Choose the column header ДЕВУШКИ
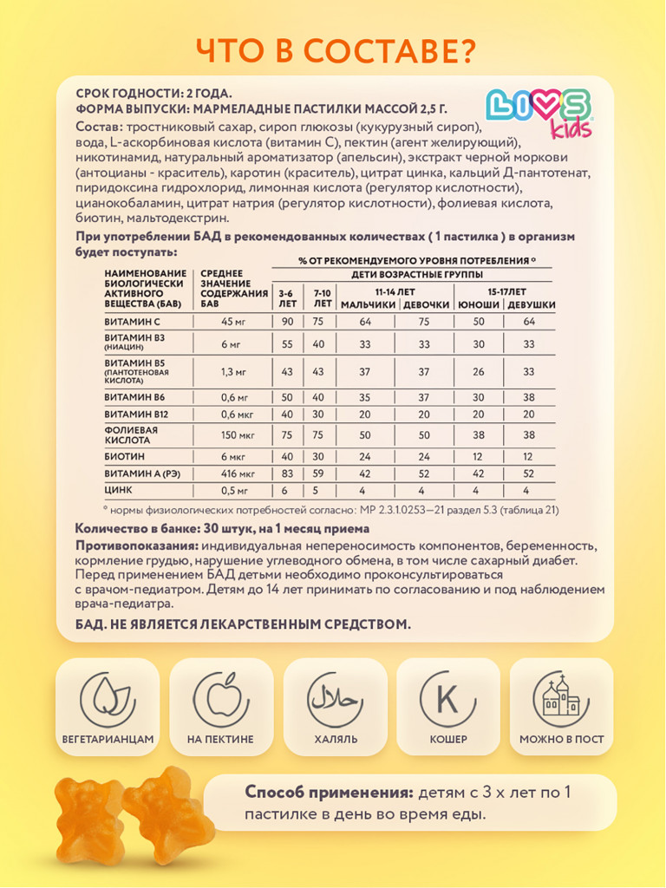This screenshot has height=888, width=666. (531, 305)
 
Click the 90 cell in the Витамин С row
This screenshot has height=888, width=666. (287, 322)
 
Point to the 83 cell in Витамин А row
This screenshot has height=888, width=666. (287, 474)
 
